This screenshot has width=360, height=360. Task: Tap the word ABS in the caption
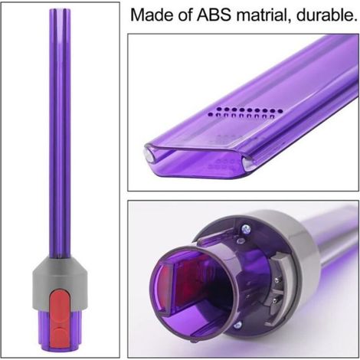[214, 15]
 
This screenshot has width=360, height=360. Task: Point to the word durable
[327, 15]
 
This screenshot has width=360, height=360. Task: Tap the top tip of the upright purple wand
[60, 9]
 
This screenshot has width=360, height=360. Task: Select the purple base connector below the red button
[60, 332]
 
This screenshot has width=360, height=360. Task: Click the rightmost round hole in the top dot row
[280, 111]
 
